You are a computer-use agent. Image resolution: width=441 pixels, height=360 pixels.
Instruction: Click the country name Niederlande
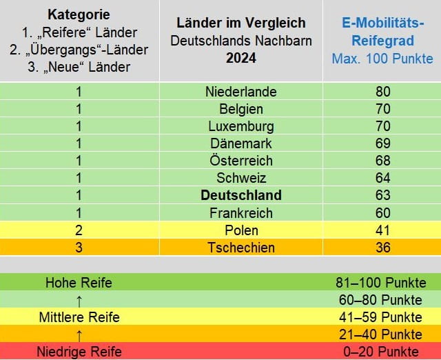241,92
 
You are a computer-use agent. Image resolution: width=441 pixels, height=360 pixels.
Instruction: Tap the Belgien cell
241,109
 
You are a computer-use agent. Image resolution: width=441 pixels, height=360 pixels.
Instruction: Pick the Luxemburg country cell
241,126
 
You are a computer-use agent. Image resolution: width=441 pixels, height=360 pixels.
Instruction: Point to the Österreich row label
241,161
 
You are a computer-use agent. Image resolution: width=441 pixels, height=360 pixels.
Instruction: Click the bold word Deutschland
241,195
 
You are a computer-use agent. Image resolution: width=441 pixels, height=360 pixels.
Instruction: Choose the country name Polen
241,230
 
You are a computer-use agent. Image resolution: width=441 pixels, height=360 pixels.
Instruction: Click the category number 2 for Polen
79,230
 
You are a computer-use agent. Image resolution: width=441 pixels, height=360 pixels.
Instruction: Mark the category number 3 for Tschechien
79,247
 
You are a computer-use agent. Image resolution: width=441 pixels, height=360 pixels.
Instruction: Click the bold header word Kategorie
79,14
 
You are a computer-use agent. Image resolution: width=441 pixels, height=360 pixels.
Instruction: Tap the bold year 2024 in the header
241,59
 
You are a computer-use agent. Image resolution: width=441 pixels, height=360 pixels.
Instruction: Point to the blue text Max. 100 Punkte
382,59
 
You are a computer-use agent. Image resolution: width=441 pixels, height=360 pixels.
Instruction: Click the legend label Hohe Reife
79,283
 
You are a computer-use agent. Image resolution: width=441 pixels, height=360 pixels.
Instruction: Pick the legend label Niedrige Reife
79,352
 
